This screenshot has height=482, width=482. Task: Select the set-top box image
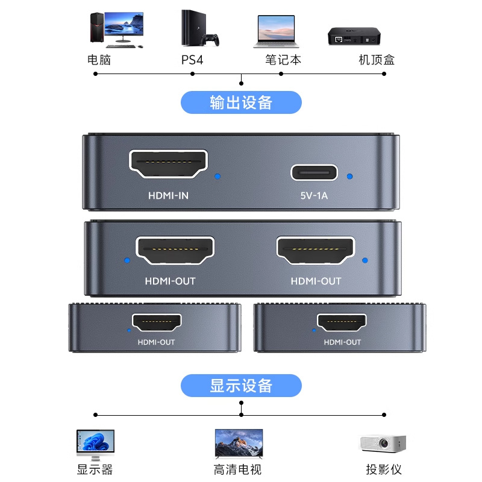pos(355,36)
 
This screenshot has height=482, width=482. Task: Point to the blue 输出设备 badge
pos(241,102)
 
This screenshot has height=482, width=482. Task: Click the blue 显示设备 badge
pos(241,386)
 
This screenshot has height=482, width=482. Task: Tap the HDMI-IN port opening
pos(168,163)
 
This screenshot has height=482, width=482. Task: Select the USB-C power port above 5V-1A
pos(314,172)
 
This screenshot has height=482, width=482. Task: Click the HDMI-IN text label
pos(169,195)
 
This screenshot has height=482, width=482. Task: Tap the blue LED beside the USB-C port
pos(350,177)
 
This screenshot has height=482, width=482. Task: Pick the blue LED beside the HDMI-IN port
pos(218,177)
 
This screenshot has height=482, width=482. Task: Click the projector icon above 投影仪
pos(383,443)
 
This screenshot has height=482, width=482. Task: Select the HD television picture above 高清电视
pos(239,443)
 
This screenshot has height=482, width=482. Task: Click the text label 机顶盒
pos(377,60)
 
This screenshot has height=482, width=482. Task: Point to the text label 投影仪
pos(384,469)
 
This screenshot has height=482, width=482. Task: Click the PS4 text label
pos(192,60)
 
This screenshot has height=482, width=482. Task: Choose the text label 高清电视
pos(238,469)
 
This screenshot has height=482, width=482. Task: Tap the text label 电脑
pos(99,60)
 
